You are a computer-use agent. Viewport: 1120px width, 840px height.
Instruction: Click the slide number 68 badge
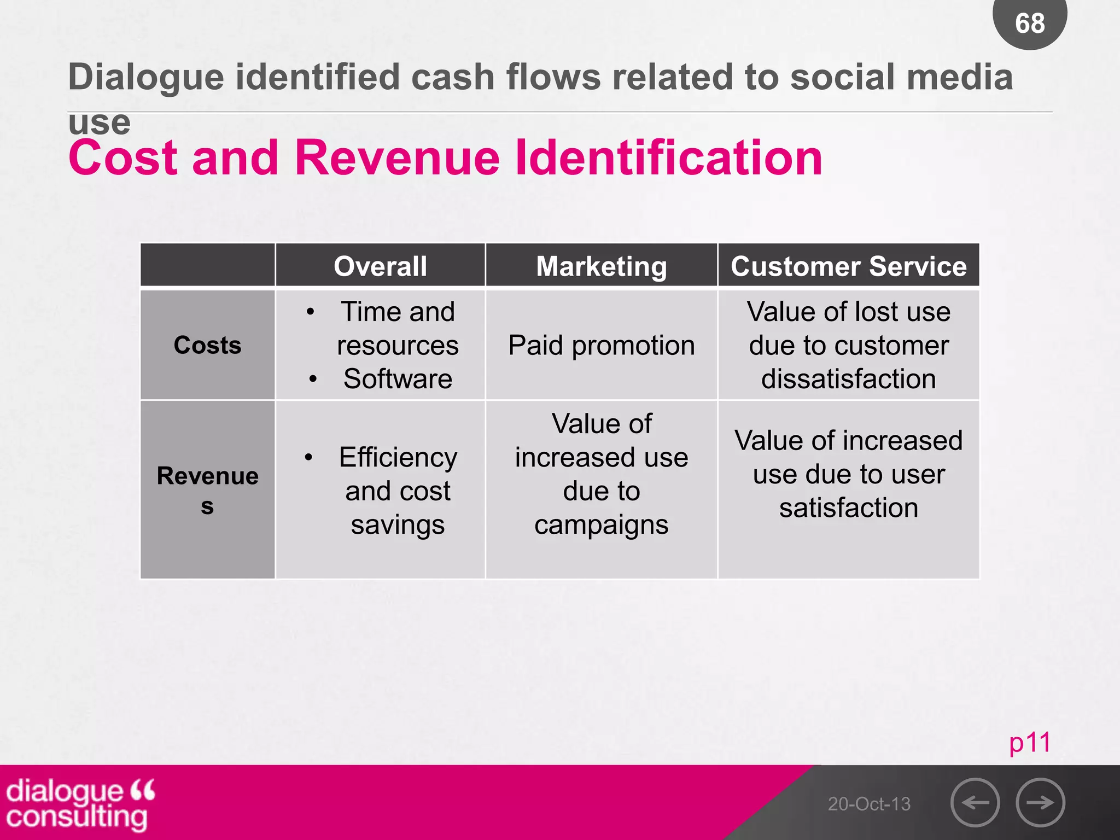tap(1030, 22)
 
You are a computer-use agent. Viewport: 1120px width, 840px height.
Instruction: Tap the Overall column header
tap(380, 266)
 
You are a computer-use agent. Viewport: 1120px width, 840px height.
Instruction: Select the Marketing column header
tap(601, 266)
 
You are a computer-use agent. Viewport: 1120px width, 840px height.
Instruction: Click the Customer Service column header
tap(848, 266)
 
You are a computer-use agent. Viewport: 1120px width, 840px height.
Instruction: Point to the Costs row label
tap(207, 345)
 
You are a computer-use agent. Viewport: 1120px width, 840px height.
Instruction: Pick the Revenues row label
tap(207, 489)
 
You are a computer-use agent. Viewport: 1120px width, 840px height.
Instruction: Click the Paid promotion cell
tap(601, 345)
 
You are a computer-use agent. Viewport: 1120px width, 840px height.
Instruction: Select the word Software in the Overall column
tap(398, 379)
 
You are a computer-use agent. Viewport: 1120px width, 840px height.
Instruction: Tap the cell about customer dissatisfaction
tap(848, 345)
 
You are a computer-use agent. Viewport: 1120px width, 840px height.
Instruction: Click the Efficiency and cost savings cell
tap(398, 491)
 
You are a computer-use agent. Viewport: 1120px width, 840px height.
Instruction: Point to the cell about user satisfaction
tap(848, 474)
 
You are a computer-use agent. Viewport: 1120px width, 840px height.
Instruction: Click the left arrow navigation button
tap(975, 802)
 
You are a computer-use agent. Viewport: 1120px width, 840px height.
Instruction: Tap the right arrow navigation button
tap(1040, 802)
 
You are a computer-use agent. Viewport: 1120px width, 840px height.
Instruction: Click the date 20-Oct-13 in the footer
tap(869, 804)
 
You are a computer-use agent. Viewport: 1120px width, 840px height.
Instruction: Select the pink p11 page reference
tap(1030, 743)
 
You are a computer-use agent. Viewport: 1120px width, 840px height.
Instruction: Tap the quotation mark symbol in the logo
tap(143, 790)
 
